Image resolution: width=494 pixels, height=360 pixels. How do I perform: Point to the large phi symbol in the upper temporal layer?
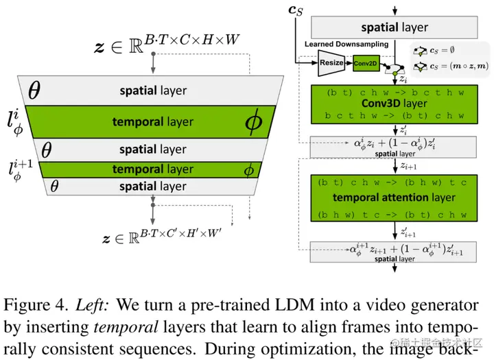[253, 121]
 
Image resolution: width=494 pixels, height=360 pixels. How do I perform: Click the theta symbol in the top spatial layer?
[35, 89]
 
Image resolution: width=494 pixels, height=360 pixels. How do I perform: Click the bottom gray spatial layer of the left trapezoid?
[152, 187]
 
